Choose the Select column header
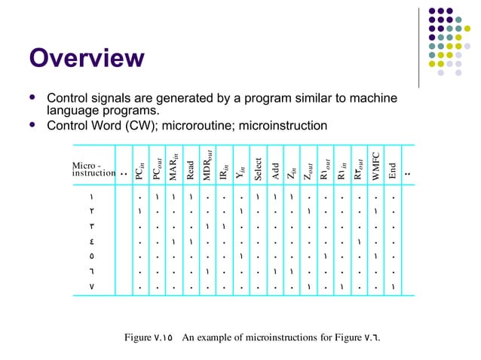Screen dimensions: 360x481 click(258, 168)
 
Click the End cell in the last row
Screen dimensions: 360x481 click(393, 287)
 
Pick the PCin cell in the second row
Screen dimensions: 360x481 click(140, 211)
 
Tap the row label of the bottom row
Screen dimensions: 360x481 click(91, 287)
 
